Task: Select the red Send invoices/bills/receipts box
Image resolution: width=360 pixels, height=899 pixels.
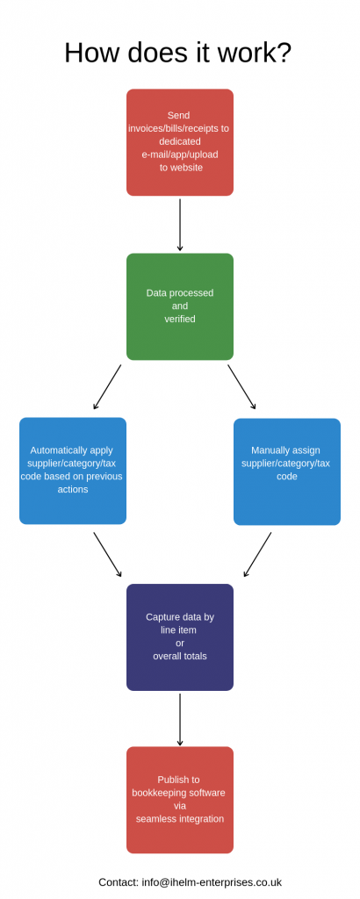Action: tap(180, 142)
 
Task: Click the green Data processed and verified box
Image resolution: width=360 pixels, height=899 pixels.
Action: tap(180, 306)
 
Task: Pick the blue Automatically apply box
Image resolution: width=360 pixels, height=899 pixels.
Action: tap(73, 471)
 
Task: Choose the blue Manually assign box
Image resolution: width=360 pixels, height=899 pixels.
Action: tap(287, 471)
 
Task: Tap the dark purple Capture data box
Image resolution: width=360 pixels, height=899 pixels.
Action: tap(180, 637)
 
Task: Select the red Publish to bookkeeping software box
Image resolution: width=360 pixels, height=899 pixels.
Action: tap(180, 800)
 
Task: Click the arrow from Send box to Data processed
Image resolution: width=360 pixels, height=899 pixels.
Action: tap(180, 225)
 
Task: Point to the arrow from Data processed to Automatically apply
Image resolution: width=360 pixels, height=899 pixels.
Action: tap(107, 387)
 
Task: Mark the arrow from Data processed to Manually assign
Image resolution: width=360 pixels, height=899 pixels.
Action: tap(242, 387)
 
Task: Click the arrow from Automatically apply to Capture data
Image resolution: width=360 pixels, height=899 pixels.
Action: tap(108, 555)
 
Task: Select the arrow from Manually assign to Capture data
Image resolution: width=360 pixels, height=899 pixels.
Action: tap(257, 555)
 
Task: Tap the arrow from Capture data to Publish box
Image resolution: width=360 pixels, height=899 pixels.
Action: tap(180, 720)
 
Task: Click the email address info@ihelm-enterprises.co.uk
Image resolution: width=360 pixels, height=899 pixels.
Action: tap(212, 882)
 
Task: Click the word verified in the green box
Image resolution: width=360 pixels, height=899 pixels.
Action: tap(180, 319)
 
